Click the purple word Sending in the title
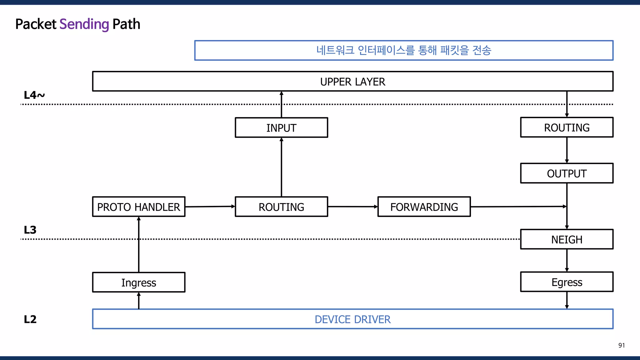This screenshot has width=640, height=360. tap(84, 24)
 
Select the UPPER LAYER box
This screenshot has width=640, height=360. tap(352, 82)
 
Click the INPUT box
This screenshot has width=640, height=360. tap(281, 127)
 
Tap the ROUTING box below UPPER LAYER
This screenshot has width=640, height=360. tap(567, 127)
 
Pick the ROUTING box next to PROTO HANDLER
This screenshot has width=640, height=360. tap(281, 207)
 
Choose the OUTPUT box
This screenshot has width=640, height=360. tap(567, 173)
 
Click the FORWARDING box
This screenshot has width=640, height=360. tap(424, 207)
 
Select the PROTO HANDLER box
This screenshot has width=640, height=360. tap(138, 207)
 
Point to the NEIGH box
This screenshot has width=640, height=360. tap(567, 239)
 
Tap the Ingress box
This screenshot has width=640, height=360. tap(138, 282)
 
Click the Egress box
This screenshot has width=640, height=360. tap(567, 282)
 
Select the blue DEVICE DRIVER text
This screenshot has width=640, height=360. tap(352, 319)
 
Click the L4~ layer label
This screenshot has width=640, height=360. tap(34, 95)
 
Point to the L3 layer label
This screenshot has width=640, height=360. tap(30, 230)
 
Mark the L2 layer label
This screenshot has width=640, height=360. tap(30, 319)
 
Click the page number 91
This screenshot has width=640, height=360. tap(621, 345)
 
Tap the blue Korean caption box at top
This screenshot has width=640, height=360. tap(403, 50)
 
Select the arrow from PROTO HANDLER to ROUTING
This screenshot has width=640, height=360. tap(210, 207)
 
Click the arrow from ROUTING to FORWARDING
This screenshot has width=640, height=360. tap(352, 207)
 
